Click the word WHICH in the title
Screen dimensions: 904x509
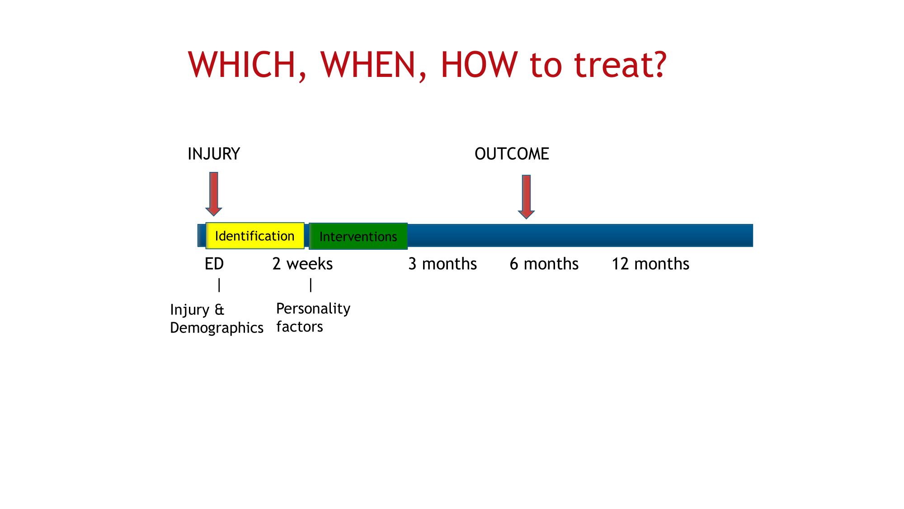pyautogui.click(x=241, y=65)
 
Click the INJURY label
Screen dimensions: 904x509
pyautogui.click(x=213, y=154)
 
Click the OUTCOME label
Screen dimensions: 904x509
pyautogui.click(x=512, y=154)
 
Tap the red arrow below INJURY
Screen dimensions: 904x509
pyautogui.click(x=214, y=194)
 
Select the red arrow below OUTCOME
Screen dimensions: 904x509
pyautogui.click(x=526, y=197)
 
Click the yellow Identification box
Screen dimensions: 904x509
pyautogui.click(x=255, y=236)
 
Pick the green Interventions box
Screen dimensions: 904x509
pyautogui.click(x=358, y=236)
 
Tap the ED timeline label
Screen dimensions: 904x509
pyautogui.click(x=214, y=264)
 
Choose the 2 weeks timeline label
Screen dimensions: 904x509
pyautogui.click(x=302, y=264)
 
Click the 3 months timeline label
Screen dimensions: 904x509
pyautogui.click(x=443, y=264)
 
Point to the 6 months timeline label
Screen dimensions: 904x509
pyautogui.click(x=544, y=264)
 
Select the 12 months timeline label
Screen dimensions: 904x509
pyautogui.click(x=650, y=264)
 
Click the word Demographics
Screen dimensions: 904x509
pyautogui.click(x=217, y=328)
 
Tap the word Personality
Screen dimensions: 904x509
pyautogui.click(x=313, y=309)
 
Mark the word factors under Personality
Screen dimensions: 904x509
pyautogui.click(x=300, y=327)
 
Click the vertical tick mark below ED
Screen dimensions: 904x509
pyautogui.click(x=219, y=285)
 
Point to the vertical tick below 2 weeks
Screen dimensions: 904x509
pyautogui.click(x=311, y=285)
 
